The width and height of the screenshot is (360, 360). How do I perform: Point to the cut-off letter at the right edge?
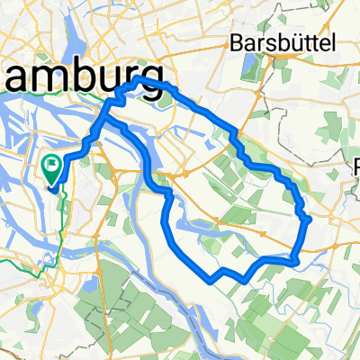point(356,167)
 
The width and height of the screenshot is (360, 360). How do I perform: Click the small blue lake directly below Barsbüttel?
point(247,66)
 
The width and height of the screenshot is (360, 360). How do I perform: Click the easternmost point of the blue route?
point(310,219)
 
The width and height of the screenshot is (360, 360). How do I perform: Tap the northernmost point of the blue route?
point(142,81)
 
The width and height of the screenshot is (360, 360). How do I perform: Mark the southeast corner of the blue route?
point(296,261)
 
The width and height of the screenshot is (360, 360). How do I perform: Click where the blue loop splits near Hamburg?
point(110,115)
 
